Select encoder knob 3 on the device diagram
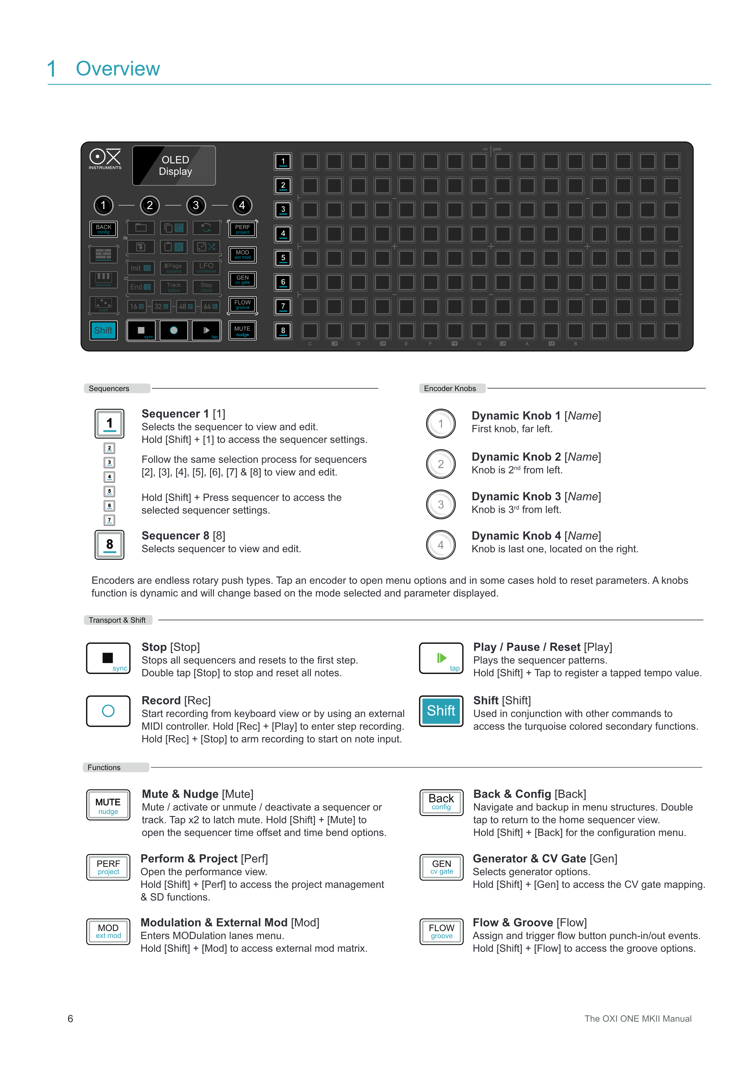click(196, 205)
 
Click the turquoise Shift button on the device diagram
click(103, 330)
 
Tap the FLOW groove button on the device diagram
click(243, 305)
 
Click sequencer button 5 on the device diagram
click(283, 258)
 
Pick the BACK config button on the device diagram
click(103, 229)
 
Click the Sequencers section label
click(109, 388)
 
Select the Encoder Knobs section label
click(450, 388)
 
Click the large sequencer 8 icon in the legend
click(109, 545)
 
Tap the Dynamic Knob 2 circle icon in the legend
click(441, 464)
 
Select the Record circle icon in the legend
click(108, 711)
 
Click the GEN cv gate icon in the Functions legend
click(441, 867)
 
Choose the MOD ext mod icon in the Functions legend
click(108, 931)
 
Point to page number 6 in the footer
click(70, 1019)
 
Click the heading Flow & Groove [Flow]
click(529, 922)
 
